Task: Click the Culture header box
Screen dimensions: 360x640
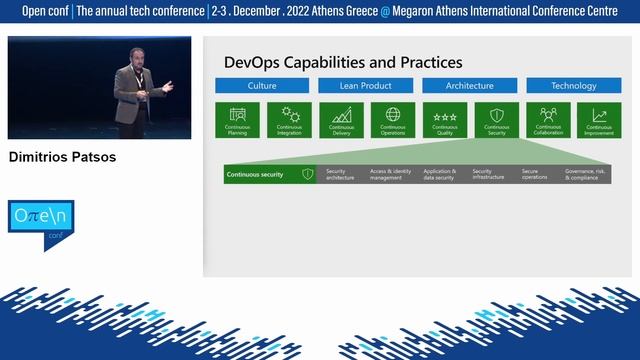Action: click(x=262, y=86)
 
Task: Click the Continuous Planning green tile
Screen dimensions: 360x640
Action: click(x=238, y=119)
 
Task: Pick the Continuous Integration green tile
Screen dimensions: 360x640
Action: click(x=290, y=119)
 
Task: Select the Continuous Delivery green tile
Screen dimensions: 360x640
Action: click(x=342, y=119)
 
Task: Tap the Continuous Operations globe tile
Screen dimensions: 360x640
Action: click(x=393, y=119)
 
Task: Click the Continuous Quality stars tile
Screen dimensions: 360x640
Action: click(x=445, y=119)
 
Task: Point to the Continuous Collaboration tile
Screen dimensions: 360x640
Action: click(x=548, y=119)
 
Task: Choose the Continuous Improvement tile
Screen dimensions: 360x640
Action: click(x=600, y=119)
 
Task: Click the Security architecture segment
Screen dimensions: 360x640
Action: click(x=342, y=174)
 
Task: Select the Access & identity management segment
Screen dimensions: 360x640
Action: click(x=390, y=174)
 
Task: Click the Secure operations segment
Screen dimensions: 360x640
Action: click(x=537, y=174)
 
